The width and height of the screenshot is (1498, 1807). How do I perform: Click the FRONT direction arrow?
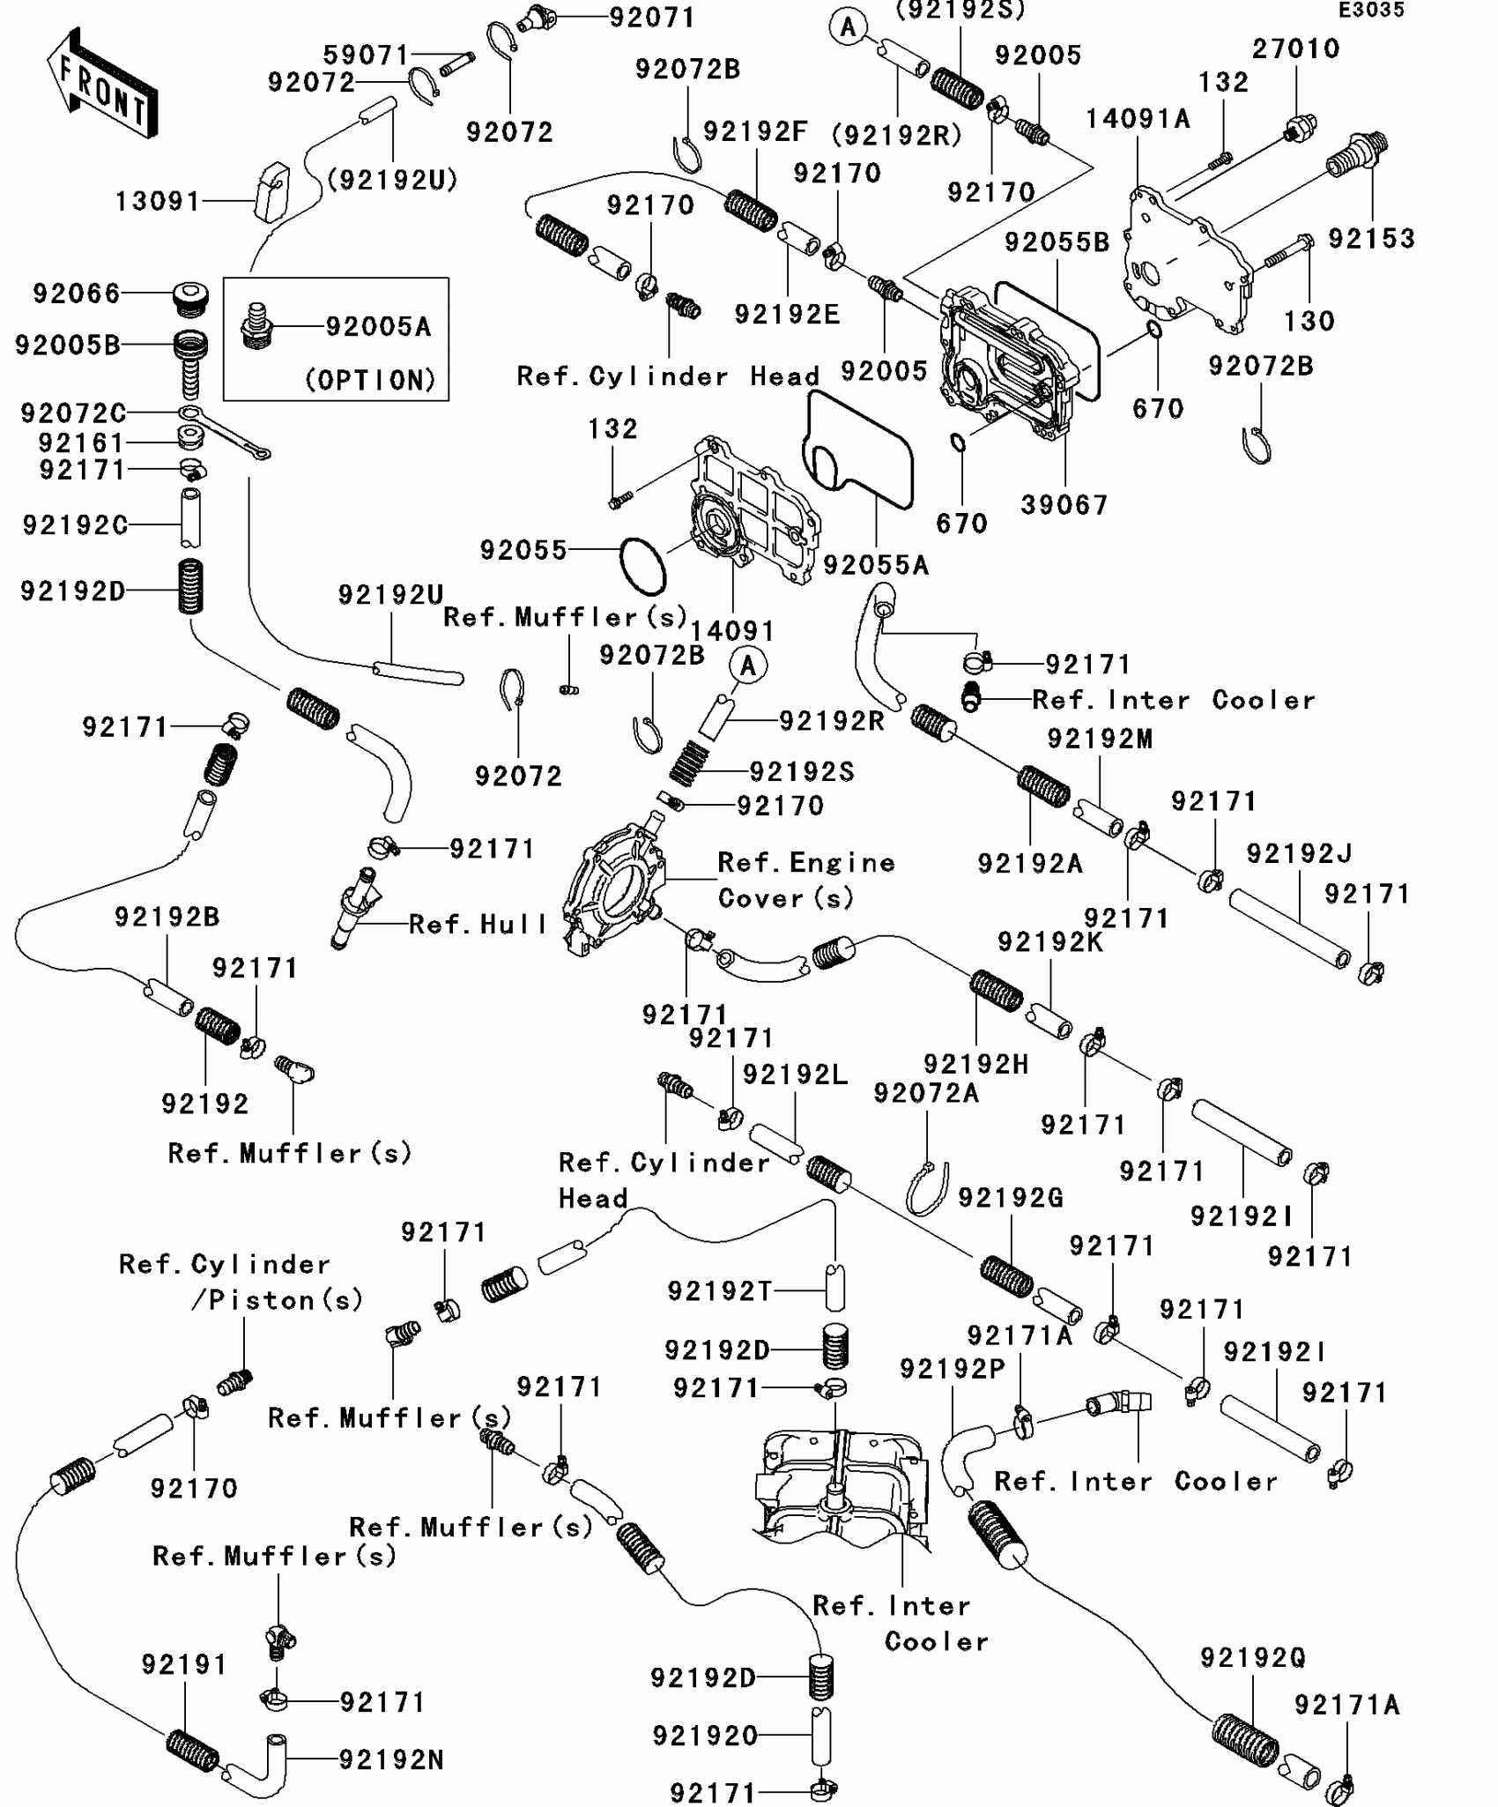pos(102,85)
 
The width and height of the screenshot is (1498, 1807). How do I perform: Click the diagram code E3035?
pos(1371,11)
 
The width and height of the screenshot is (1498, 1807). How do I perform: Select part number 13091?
pos(159,202)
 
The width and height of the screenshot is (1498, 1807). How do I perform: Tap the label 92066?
pos(77,294)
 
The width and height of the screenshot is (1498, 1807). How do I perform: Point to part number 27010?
pos(1295,48)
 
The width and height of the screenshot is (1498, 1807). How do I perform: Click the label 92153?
pos(1371,239)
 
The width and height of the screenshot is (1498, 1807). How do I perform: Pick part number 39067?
pos(1064,505)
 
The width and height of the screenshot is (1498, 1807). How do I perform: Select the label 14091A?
pos(1138,119)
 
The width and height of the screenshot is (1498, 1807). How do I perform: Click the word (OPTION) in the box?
pos(371,380)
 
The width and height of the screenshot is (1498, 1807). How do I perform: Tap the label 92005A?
pos(379,327)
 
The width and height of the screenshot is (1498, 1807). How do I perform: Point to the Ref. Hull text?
pos(478,925)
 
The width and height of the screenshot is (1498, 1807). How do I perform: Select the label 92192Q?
pos(1252,1658)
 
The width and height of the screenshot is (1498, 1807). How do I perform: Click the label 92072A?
pos(926,1093)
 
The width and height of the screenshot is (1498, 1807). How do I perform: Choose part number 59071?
pos(367,56)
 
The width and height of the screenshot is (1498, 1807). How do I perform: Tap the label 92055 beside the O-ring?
pos(523,550)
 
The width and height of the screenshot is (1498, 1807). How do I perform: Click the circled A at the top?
pos(848,27)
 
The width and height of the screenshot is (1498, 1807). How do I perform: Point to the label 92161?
pos(82,442)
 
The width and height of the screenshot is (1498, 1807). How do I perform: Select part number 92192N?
pos(391,1760)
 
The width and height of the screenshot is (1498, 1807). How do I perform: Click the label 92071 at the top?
pos(652,18)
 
